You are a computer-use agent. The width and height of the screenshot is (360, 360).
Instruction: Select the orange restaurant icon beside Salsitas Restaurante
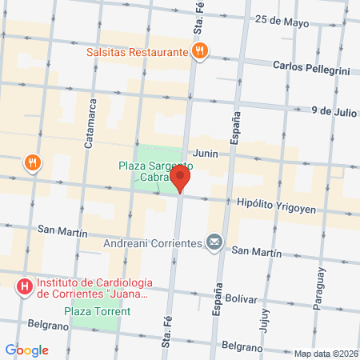click(200, 51)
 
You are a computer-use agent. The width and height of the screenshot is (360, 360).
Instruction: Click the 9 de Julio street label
click(334, 111)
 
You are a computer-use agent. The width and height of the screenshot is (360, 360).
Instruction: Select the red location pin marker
click(181, 180)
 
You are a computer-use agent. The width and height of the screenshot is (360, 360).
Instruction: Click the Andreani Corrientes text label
click(155, 242)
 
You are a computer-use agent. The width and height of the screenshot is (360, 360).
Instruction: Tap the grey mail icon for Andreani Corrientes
click(214, 241)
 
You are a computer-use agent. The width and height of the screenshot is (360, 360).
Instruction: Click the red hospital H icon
click(25, 286)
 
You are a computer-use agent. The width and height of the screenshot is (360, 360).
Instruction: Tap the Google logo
click(26, 350)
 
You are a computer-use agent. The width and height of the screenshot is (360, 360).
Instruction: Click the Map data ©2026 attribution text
click(325, 354)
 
